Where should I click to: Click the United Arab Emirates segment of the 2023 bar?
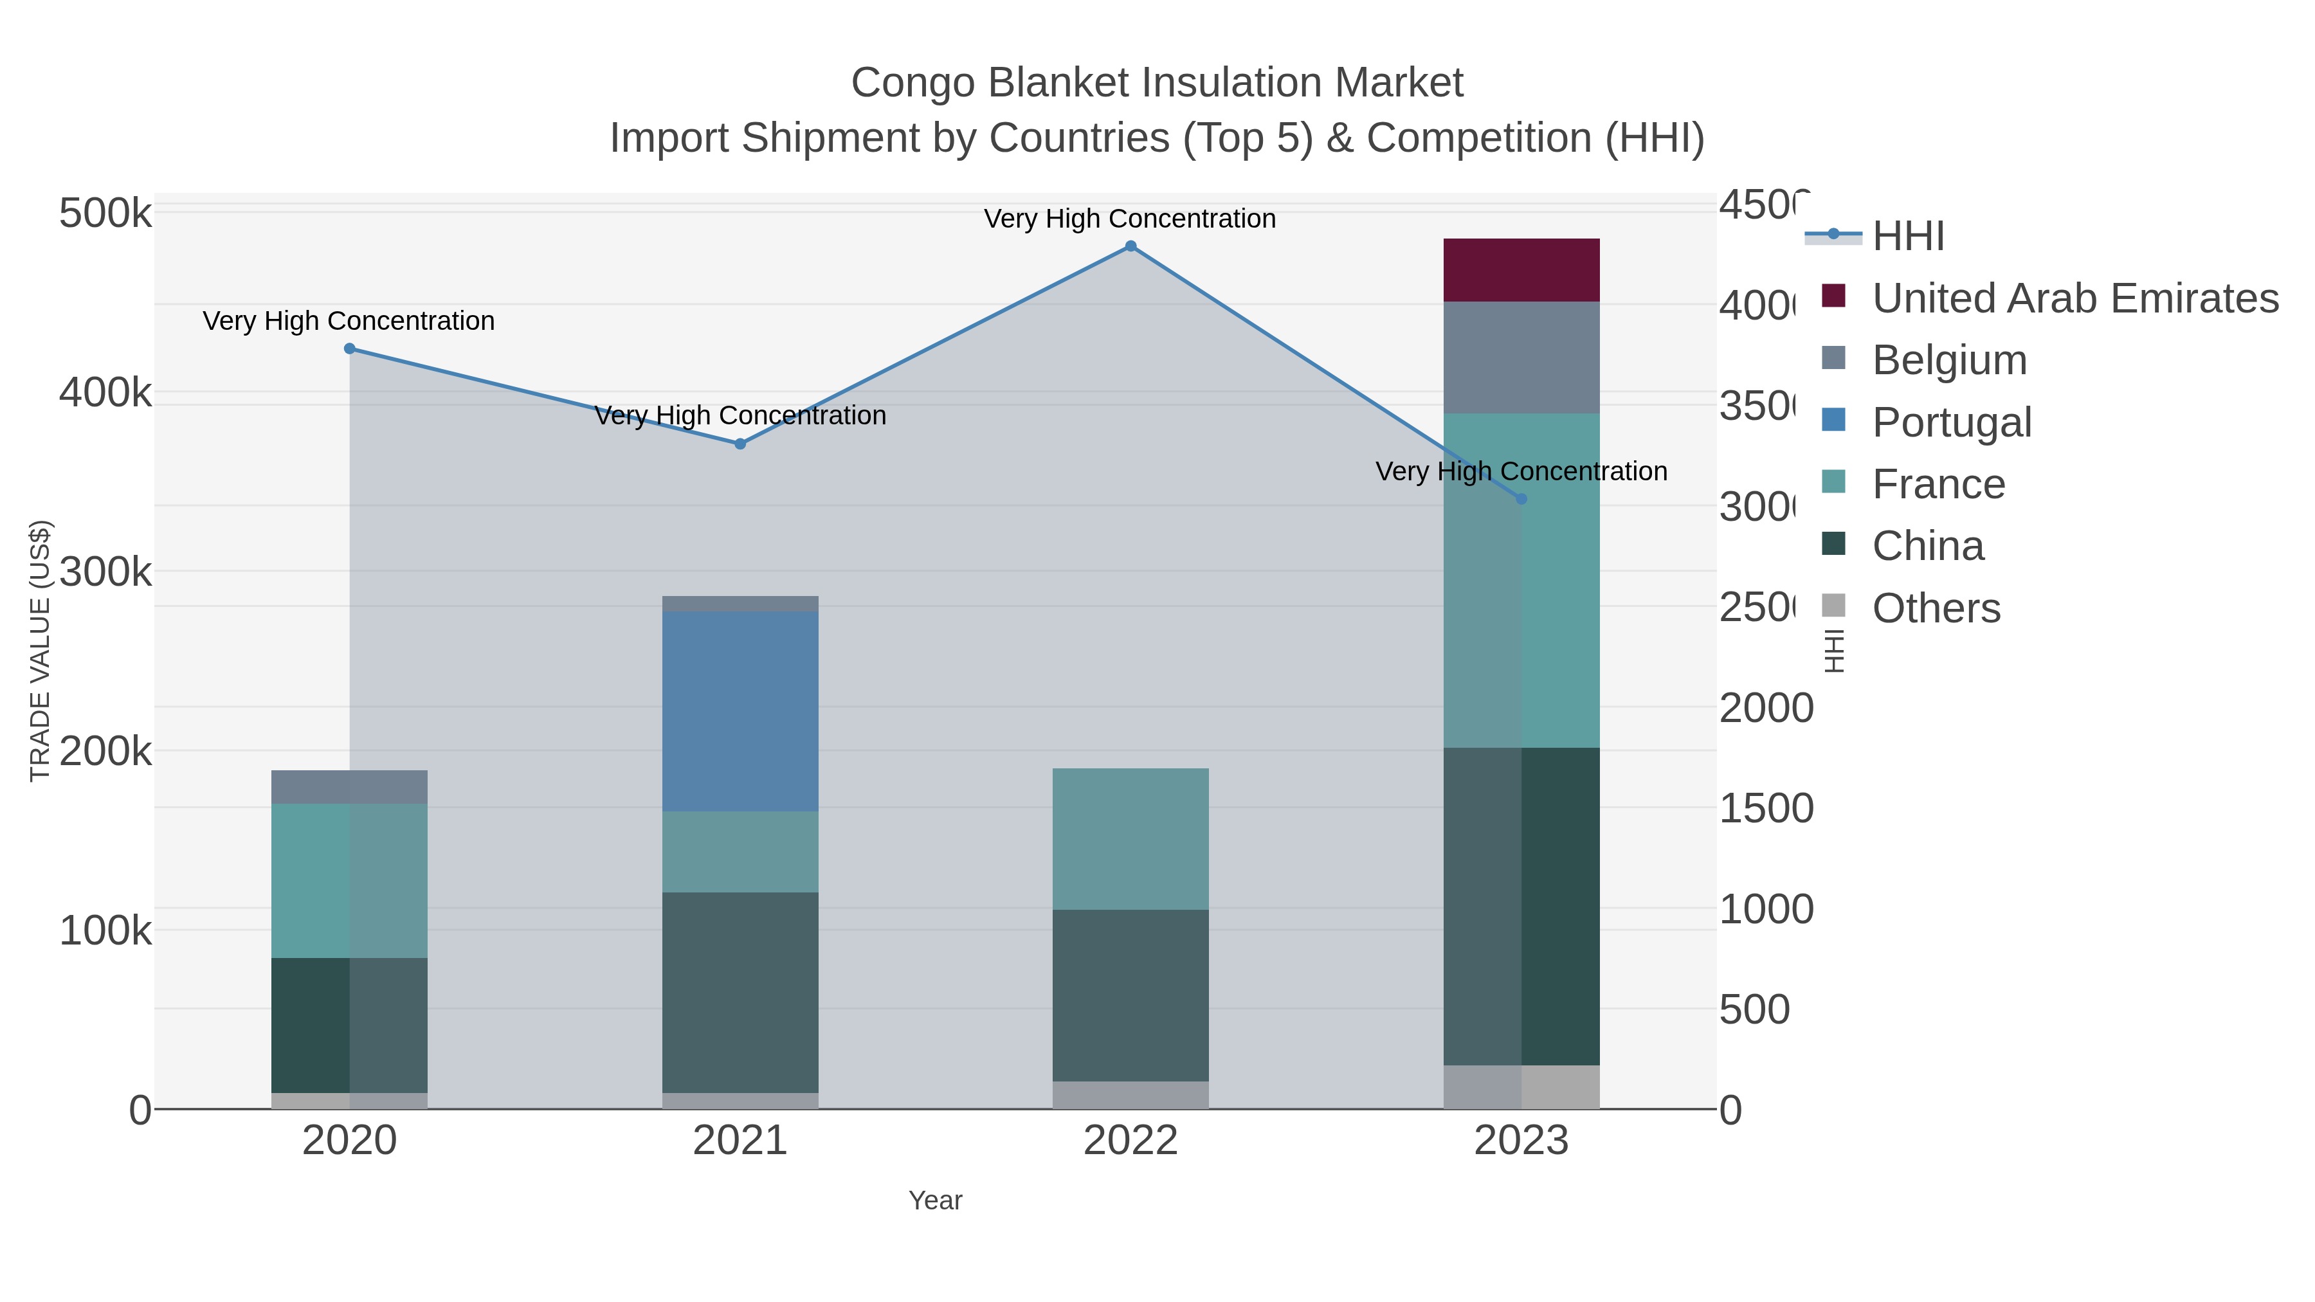click(1521, 269)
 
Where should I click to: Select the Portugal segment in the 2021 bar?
click(740, 710)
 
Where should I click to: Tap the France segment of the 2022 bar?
click(1130, 838)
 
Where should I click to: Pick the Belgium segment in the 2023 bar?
click(1521, 357)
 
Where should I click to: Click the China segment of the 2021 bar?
click(740, 992)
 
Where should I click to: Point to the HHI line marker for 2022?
click(1130, 246)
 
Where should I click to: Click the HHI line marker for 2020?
click(350, 348)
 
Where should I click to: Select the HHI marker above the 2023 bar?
click(1521, 499)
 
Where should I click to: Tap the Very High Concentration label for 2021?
click(740, 415)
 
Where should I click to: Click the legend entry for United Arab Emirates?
click(2074, 298)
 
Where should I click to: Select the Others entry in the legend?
click(1936, 608)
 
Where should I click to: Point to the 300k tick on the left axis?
click(105, 572)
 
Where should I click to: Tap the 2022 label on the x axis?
click(1130, 1140)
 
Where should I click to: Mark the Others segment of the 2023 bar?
click(1521, 1087)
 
